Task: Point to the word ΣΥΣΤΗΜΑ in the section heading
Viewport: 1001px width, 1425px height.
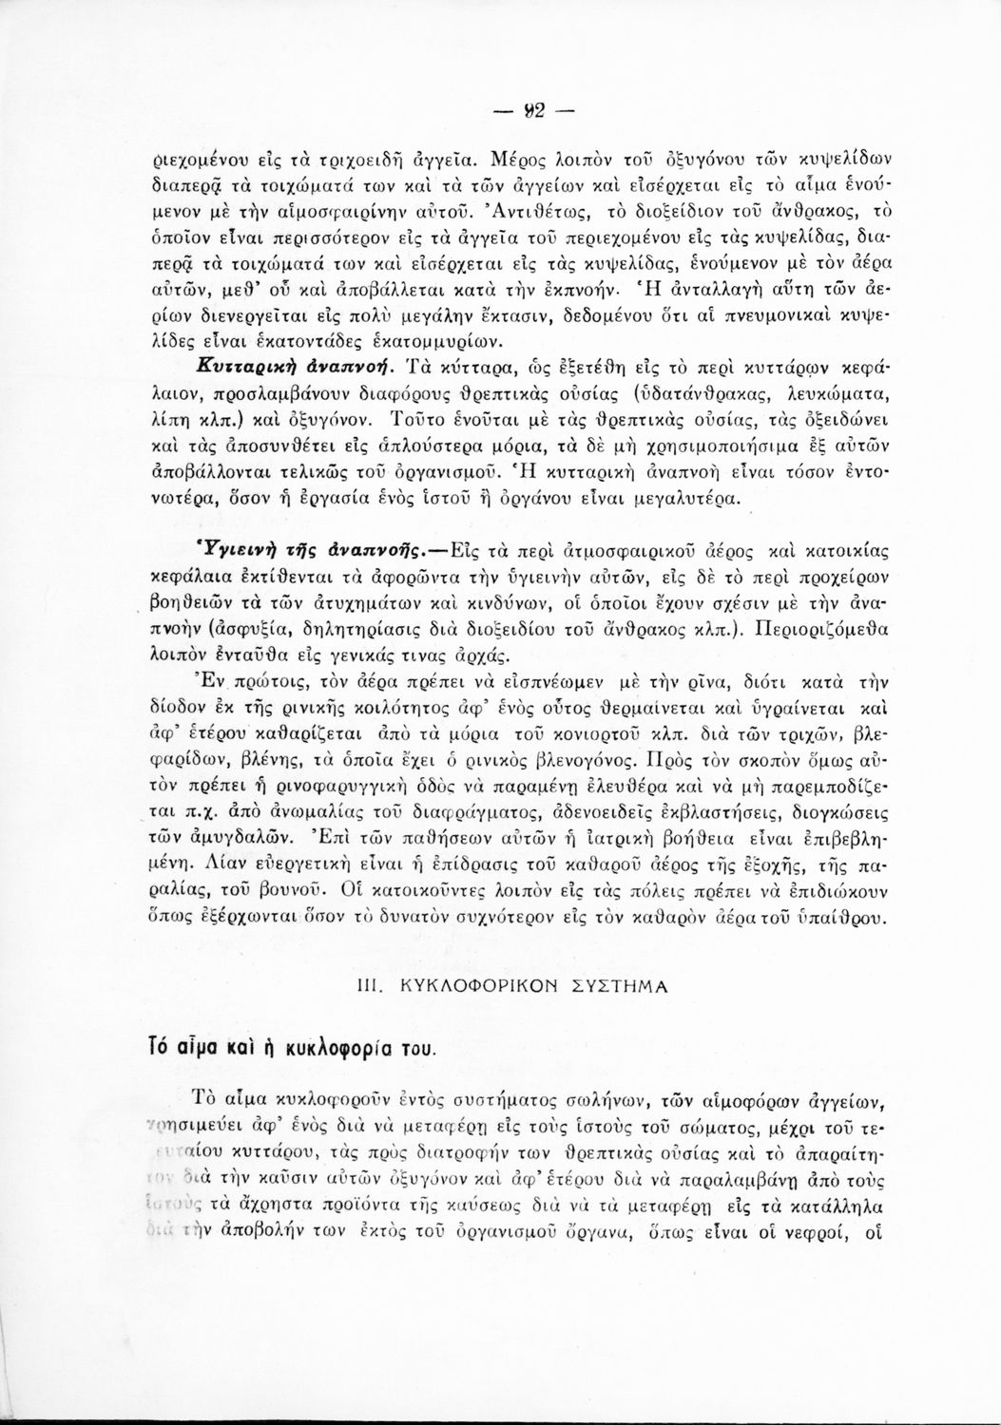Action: tap(622, 985)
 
